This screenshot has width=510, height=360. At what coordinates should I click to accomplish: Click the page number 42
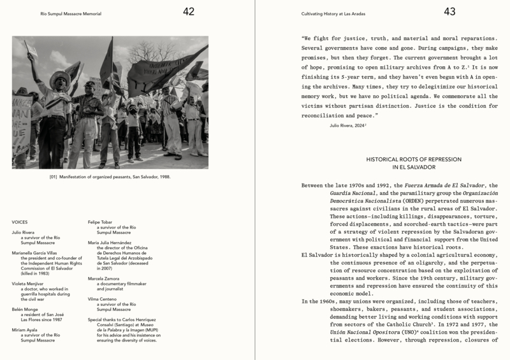pyautogui.click(x=188, y=11)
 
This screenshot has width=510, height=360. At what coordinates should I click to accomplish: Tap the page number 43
pyautogui.click(x=449, y=11)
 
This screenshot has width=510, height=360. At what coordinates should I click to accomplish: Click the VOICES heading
pyautogui.click(x=20, y=222)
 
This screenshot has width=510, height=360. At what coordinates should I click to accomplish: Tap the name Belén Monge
pyautogui.click(x=26, y=308)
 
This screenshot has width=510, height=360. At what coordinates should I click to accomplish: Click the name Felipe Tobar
pyautogui.click(x=99, y=222)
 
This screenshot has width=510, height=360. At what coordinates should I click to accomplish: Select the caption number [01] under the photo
pyautogui.click(x=54, y=176)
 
